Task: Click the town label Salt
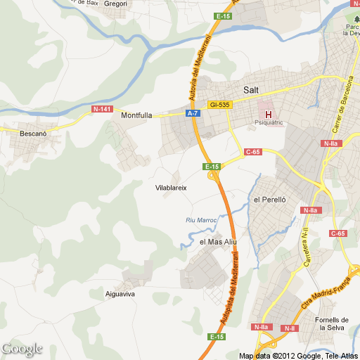[251, 90]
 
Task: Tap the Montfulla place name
[136, 116]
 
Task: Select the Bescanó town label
[33, 133]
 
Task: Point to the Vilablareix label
[170, 188]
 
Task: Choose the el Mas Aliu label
[219, 242]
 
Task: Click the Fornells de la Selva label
[333, 325]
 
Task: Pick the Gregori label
[115, 4]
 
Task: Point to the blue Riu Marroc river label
[201, 220]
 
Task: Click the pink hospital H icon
[268, 114]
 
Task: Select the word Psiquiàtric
[268, 123]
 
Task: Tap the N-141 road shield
[102, 109]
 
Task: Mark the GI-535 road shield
[219, 105]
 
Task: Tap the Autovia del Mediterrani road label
[200, 67]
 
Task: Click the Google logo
[22, 349]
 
